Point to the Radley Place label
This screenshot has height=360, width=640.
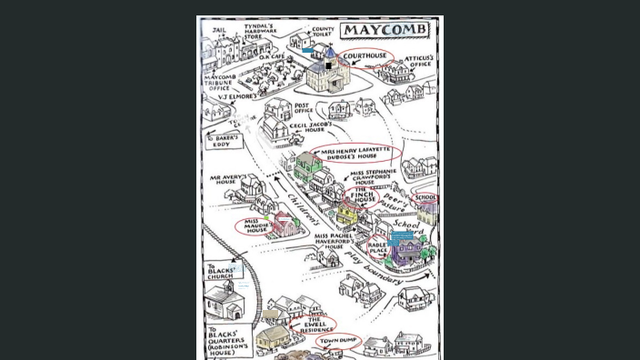click(377, 247)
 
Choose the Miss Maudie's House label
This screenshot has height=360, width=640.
click(257, 226)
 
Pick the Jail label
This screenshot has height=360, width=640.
click(218, 30)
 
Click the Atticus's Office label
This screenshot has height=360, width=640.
click(418, 61)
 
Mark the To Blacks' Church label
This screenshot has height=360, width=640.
click(220, 271)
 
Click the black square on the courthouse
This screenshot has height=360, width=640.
click(328, 65)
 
